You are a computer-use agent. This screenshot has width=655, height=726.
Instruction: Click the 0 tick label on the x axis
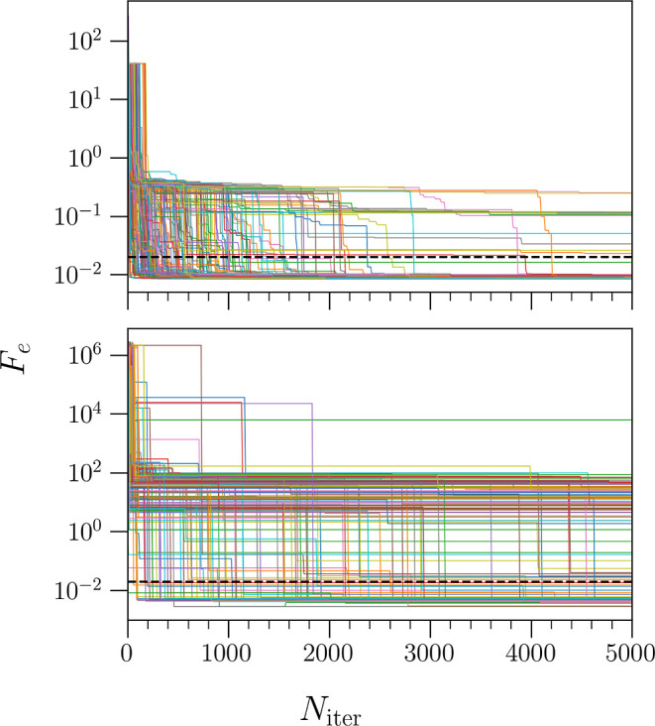tap(127, 654)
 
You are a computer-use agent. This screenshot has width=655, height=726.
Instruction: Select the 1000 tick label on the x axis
tap(227, 654)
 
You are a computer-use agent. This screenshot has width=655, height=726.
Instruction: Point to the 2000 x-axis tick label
tap(328, 654)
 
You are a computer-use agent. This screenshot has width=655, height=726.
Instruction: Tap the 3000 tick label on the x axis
tap(429, 654)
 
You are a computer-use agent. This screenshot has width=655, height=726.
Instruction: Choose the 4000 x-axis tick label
tap(530, 654)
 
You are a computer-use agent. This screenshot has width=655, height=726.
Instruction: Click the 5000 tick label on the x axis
tap(630, 654)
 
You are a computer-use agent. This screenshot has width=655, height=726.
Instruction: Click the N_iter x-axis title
tap(331, 708)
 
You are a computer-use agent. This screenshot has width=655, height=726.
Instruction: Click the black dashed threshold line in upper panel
tap(380, 257)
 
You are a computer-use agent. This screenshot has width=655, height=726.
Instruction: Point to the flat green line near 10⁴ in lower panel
tap(383, 420)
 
